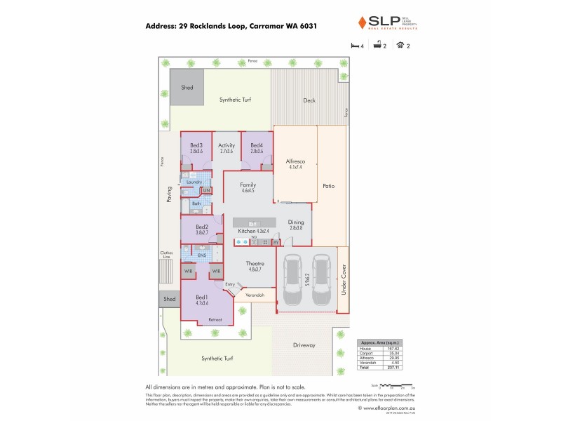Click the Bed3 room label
click(x=196, y=145)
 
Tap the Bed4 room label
click(x=257, y=145)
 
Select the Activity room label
click(x=227, y=145)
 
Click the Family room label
click(x=248, y=185)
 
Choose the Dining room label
click(x=295, y=222)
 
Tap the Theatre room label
click(x=255, y=263)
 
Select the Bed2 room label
click(x=202, y=227)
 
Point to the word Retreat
click(x=215, y=320)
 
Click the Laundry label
click(x=194, y=182)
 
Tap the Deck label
click(x=309, y=100)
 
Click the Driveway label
click(x=304, y=345)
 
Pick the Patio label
click(x=328, y=186)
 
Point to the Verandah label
click(x=255, y=295)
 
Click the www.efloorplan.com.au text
click(x=388, y=407)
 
